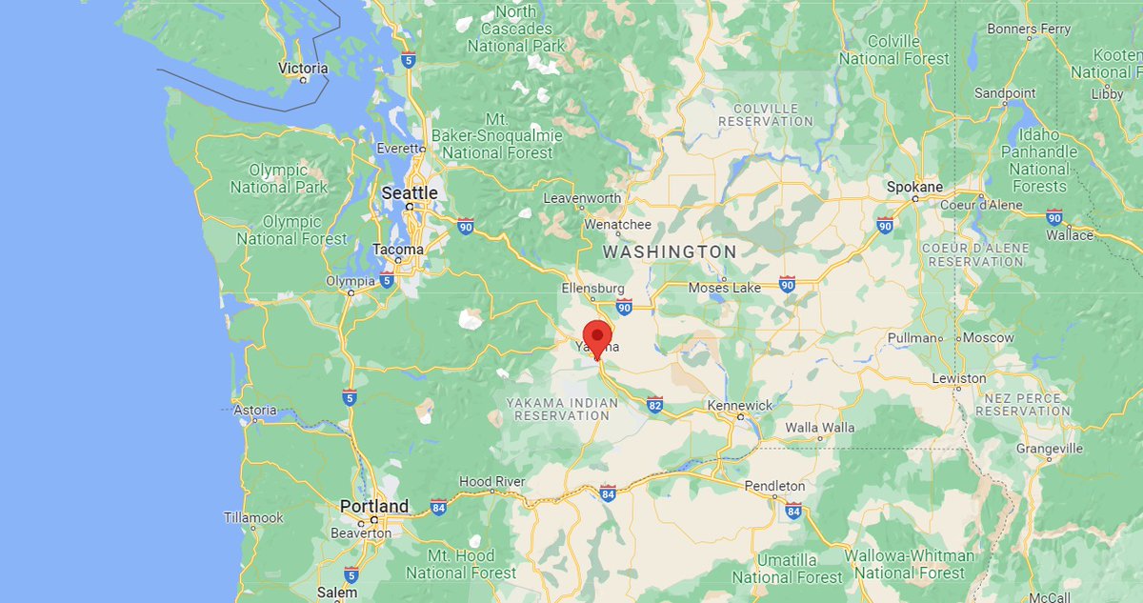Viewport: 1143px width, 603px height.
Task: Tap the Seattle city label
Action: (410, 193)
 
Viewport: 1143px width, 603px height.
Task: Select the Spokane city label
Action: (914, 188)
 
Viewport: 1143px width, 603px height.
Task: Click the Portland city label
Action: (375, 507)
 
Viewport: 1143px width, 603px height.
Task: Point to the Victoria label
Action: (303, 69)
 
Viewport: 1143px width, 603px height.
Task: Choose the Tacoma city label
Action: (398, 250)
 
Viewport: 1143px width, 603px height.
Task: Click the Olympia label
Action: (350, 281)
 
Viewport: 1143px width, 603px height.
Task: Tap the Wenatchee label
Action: (617, 225)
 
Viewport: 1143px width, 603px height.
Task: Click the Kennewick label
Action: (740, 406)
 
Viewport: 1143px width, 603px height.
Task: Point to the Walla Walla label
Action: (820, 428)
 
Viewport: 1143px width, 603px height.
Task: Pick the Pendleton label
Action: (774, 486)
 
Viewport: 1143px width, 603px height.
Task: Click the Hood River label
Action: (491, 482)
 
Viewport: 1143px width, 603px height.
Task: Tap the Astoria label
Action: (255, 411)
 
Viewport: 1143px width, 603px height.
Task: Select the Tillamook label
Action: (253, 518)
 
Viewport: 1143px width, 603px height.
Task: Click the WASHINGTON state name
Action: (670, 251)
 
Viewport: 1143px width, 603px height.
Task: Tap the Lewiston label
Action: (959, 378)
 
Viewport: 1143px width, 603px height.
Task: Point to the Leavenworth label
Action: (582, 198)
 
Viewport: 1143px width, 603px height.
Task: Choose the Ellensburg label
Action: (592, 288)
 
